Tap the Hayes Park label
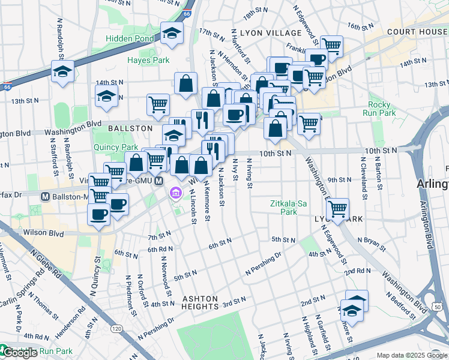(148, 60)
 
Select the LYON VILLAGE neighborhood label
(270, 32)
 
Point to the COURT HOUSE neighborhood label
(417, 31)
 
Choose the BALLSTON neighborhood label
(130, 128)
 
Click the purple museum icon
(175, 193)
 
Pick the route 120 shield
(117, 329)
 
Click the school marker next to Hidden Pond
(172, 34)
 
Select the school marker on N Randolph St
(62, 71)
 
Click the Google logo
(20, 353)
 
